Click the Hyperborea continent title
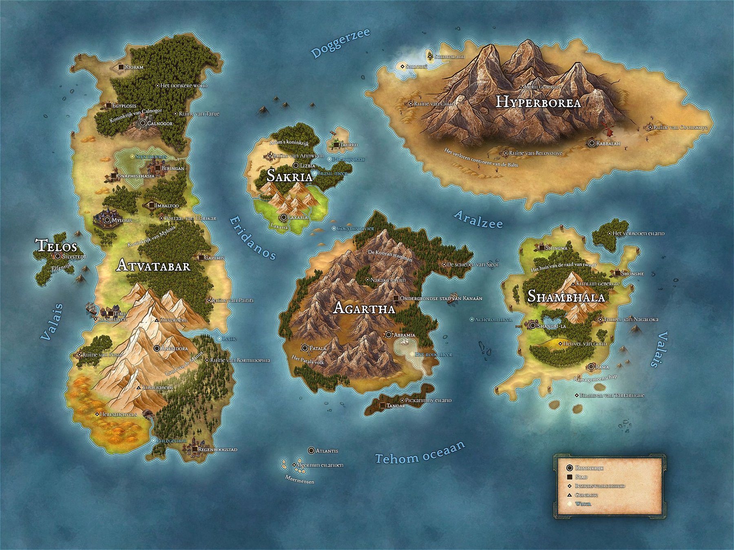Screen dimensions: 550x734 click(x=538, y=102)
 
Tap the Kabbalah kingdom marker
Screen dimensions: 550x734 click(x=592, y=143)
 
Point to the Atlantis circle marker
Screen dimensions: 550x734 click(x=312, y=451)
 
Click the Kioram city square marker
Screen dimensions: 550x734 click(x=121, y=67)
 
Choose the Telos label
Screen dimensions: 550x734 click(x=56, y=246)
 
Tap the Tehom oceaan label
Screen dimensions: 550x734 click(x=420, y=453)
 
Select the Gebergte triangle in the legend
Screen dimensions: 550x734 click(x=569, y=495)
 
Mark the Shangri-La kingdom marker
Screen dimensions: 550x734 click(x=533, y=326)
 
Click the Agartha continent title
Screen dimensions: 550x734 click(x=364, y=308)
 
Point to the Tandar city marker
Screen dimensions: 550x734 click(x=383, y=406)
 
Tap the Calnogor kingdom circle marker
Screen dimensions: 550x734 click(x=143, y=123)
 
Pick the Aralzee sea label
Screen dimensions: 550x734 click(x=478, y=220)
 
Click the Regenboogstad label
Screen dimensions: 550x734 click(x=217, y=449)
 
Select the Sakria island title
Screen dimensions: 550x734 click(x=289, y=176)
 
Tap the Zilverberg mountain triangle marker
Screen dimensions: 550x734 click(x=157, y=320)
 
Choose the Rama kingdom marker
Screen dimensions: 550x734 click(x=591, y=367)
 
